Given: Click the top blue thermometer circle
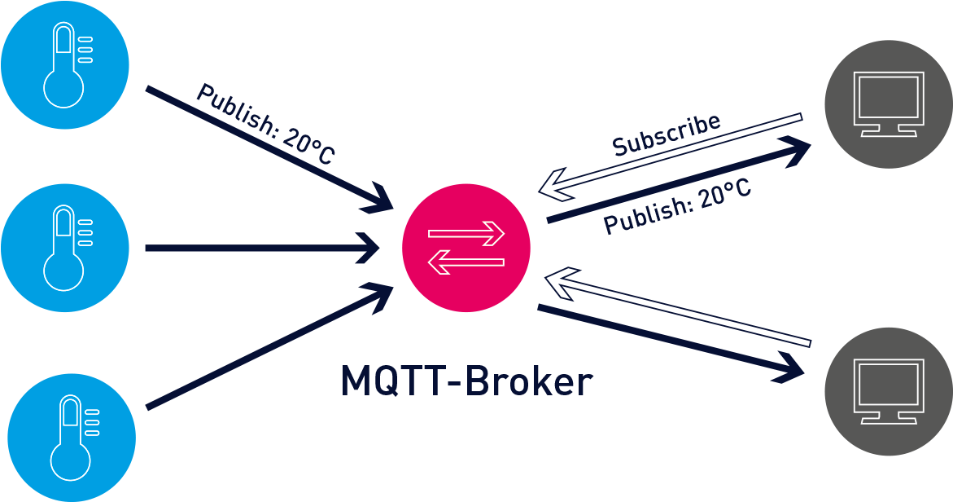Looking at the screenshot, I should [x=65, y=65].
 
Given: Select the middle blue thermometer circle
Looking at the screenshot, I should [x=65, y=248].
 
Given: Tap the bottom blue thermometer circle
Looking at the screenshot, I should [x=72, y=438].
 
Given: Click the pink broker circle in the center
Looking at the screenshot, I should [x=466, y=248].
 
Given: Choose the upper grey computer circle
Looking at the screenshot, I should [x=888, y=104].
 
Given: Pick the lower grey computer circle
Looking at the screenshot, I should [x=888, y=391].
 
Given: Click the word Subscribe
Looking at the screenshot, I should [x=667, y=134].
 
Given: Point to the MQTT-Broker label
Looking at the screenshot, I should [x=466, y=381].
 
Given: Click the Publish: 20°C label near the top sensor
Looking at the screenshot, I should [x=265, y=124].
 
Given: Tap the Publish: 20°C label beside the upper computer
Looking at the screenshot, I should [x=677, y=207].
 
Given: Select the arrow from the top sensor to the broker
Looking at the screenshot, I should [x=269, y=147].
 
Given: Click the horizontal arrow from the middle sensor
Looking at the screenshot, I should [x=260, y=248].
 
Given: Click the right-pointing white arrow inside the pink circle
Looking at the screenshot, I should [x=466, y=234].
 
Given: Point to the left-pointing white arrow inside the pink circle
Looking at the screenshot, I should [x=466, y=262].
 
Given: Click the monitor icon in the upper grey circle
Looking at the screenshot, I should [x=888, y=103].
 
